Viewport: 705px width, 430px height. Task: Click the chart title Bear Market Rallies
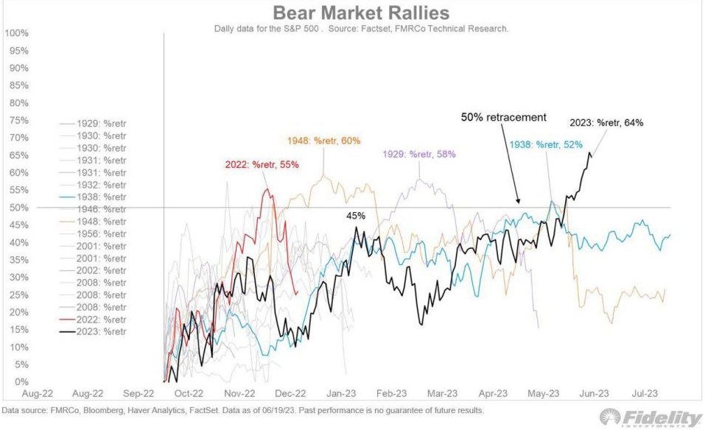point(361,13)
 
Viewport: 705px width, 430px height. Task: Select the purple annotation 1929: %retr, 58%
point(418,155)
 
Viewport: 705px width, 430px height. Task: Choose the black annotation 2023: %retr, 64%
point(606,123)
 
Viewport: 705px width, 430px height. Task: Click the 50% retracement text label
point(504,117)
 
